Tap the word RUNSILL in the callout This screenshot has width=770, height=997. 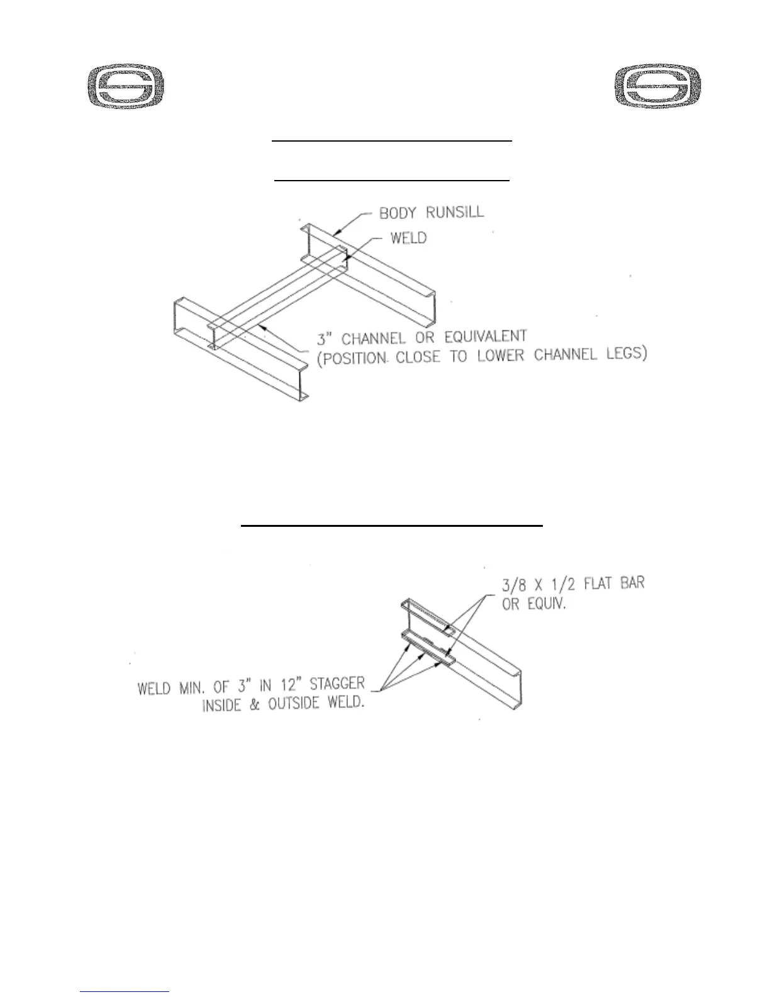(455, 212)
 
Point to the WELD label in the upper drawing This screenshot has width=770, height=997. (408, 239)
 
